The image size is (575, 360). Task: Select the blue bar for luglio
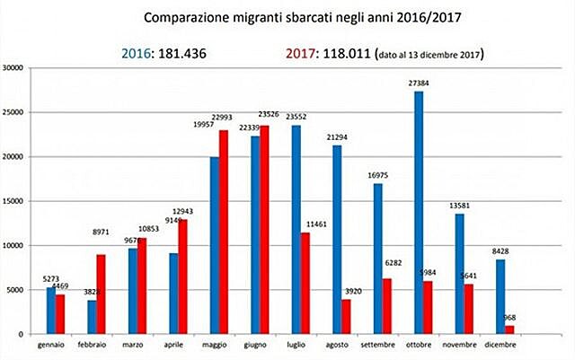click(x=296, y=229)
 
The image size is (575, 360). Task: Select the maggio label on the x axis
click(x=214, y=346)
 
